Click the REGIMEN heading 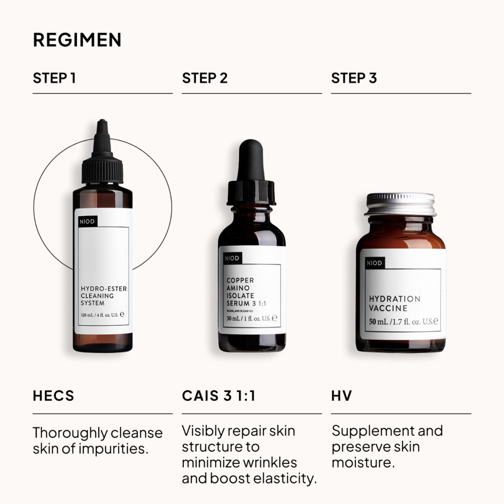[x=77, y=40]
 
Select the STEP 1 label [x=54, y=78]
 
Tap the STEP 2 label [x=204, y=78]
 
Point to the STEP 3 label [x=354, y=78]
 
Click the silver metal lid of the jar [x=400, y=204]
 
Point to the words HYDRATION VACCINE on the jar [x=395, y=303]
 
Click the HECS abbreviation [x=54, y=397]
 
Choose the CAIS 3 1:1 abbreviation [x=218, y=397]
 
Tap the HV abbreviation [x=341, y=397]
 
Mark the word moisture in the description [x=362, y=463]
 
